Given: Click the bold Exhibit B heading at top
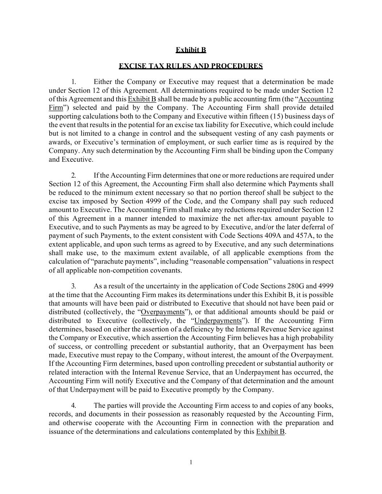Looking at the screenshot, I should [191, 50].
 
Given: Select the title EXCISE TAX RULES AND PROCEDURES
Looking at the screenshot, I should [191, 66].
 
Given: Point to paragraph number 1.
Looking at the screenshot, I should [74, 82].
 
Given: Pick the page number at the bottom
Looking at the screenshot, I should [191, 462].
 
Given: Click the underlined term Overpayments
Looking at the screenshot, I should [163, 312].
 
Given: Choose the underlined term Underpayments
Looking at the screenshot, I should [218, 321].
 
